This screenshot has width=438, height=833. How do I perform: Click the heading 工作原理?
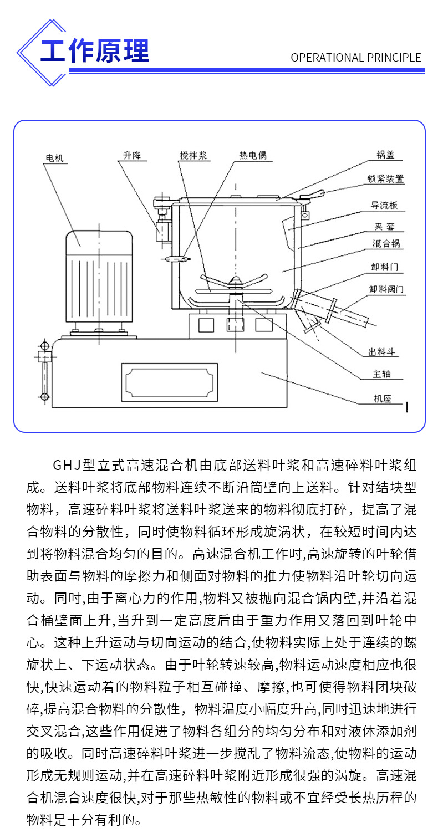pyautogui.click(x=95, y=52)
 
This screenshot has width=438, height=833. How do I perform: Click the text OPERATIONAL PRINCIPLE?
pyautogui.click(x=356, y=58)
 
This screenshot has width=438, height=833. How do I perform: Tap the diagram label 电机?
pyautogui.click(x=55, y=158)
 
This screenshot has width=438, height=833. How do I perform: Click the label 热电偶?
pyautogui.click(x=253, y=155)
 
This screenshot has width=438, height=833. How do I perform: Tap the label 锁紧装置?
pyautogui.click(x=386, y=179)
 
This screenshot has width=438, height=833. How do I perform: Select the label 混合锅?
pyautogui.click(x=386, y=244)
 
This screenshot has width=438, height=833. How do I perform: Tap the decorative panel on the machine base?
pyautogui.click(x=170, y=382)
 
